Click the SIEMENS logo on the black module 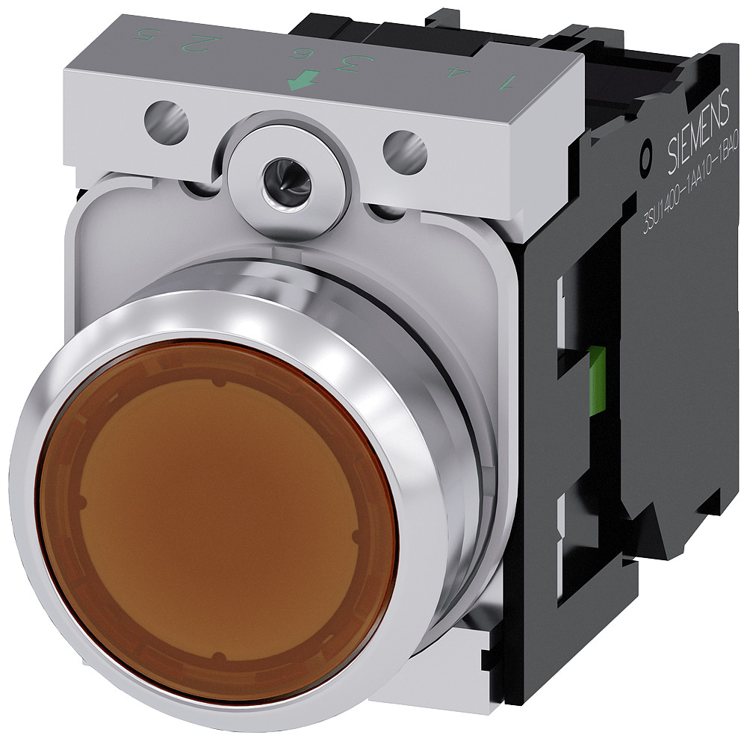(x=693, y=137)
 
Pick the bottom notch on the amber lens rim (x=217, y=657)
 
